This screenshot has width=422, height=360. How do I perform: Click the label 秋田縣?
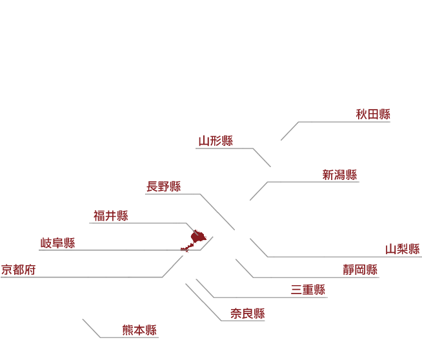[x=373, y=114]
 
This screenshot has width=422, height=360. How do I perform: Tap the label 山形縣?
[x=216, y=141]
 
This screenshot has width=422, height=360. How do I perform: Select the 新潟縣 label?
[x=339, y=175]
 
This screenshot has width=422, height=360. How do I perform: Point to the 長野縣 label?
[x=163, y=186]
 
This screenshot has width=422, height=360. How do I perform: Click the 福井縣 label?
[x=110, y=215]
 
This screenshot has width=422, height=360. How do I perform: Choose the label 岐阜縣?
[x=57, y=243]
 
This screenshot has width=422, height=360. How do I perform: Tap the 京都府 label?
[x=18, y=270]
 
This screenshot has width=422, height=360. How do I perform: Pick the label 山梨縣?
[x=403, y=249]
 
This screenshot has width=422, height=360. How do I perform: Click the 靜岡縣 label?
[x=360, y=270]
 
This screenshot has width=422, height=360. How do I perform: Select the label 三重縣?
[x=308, y=290]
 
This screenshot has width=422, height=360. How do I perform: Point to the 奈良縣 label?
[x=248, y=314]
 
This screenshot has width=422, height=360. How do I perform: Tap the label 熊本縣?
[x=139, y=330]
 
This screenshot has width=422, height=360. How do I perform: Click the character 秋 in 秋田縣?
[x=361, y=114]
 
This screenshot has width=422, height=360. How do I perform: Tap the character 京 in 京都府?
[x=7, y=270]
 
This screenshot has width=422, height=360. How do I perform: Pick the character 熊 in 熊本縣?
[x=128, y=330]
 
